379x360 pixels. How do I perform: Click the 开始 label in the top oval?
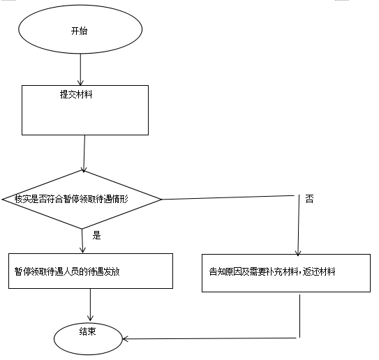click(x=79, y=31)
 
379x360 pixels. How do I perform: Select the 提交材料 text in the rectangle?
click(x=76, y=94)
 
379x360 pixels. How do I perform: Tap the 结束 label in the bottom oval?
click(x=87, y=331)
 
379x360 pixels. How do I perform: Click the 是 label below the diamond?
click(x=96, y=235)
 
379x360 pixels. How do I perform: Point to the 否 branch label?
click(x=309, y=199)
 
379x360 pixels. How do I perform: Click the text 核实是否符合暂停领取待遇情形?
click(x=71, y=199)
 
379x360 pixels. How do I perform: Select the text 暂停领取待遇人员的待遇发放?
click(x=67, y=271)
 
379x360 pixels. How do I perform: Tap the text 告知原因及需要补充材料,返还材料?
click(x=272, y=271)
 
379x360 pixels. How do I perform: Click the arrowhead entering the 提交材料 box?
click(x=80, y=83)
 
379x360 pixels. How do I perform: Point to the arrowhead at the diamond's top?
click(x=84, y=170)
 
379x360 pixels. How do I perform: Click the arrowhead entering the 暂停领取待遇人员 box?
click(x=82, y=250)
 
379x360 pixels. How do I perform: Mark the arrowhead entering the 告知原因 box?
click(x=298, y=253)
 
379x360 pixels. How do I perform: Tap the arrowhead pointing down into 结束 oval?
click(x=91, y=318)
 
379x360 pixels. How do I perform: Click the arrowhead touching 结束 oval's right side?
click(x=125, y=339)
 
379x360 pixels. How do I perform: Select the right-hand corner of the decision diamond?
click(x=161, y=200)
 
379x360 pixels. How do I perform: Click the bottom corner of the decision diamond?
click(x=82, y=229)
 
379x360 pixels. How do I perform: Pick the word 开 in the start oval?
click(x=75, y=31)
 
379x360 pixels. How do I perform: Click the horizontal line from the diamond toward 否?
click(x=228, y=197)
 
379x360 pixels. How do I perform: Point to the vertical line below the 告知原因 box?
click(x=299, y=316)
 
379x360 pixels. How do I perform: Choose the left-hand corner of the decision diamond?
click(x=2, y=200)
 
